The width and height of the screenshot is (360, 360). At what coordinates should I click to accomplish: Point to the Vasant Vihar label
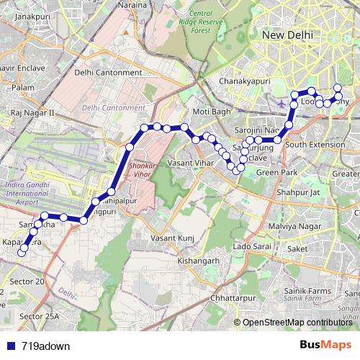[190, 163]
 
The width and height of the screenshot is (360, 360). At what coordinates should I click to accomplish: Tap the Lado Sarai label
[251, 247]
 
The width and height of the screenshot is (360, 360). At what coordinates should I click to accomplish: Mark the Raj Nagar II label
[32, 113]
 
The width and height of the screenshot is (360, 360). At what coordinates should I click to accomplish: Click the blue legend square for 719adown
[11, 346]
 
